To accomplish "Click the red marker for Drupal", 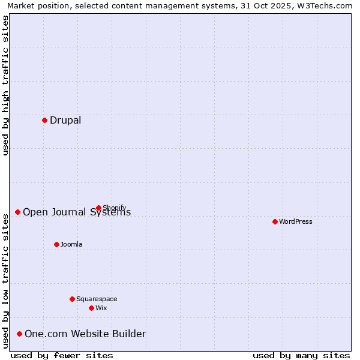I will (x=44, y=120).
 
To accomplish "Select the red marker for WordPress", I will (x=275, y=221).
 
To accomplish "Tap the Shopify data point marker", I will (x=98, y=208).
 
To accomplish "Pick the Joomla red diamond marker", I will (x=56, y=244).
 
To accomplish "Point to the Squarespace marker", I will (x=72, y=299).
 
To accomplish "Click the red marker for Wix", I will (x=91, y=308).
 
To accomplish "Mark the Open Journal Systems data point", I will (x=17, y=212).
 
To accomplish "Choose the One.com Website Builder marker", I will (x=19, y=334).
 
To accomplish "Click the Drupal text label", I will (x=65, y=120).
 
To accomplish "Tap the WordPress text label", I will (x=296, y=221).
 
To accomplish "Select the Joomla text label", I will (x=71, y=244).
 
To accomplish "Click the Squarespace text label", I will (x=97, y=299).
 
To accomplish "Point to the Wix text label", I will (x=101, y=308).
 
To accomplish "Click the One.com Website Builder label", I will (x=85, y=334).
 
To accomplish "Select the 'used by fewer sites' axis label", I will (x=62, y=355).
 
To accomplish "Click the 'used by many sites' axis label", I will (x=301, y=355).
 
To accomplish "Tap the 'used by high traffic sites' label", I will (x=5, y=85).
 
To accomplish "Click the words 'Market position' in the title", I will (x=36, y=5).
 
